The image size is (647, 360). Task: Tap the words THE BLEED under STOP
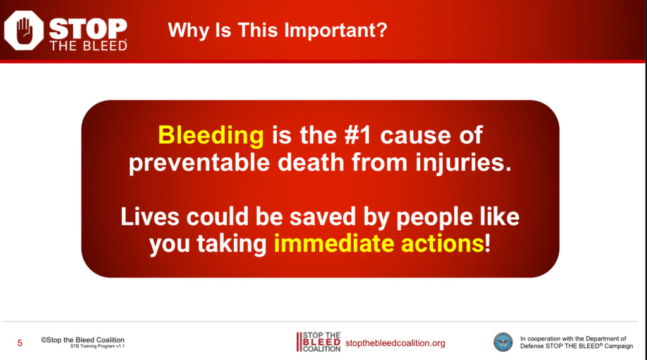88,45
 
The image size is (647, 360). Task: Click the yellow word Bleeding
211,136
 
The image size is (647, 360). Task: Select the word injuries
463,162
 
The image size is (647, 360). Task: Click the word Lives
150,217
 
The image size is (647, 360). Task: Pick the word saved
322,217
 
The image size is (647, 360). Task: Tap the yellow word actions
442,244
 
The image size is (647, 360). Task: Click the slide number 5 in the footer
20,343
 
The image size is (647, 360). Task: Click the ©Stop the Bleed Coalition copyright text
83,340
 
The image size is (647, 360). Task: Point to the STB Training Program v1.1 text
97,346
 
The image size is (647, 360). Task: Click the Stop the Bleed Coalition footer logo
318,342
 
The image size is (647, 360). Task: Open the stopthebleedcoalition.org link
396,343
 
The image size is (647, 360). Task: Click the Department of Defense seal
503,342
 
